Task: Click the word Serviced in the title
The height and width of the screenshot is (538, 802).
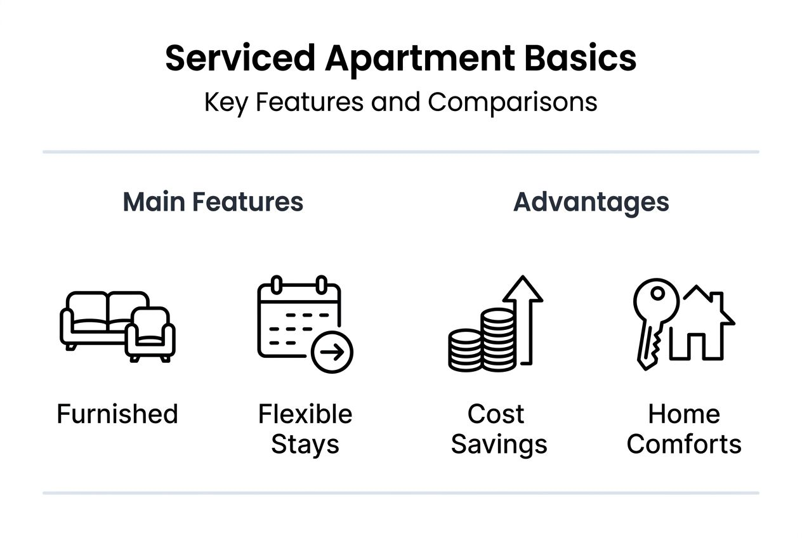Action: pyautogui.click(x=239, y=59)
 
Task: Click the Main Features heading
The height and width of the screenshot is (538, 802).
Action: pyautogui.click(x=213, y=202)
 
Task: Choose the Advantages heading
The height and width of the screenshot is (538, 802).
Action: pyautogui.click(x=591, y=202)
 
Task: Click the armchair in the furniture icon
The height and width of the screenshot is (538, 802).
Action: pyautogui.click(x=150, y=335)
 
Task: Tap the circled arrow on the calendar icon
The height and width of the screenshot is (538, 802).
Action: pyautogui.click(x=332, y=351)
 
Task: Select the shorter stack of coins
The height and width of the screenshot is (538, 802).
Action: pyautogui.click(x=465, y=350)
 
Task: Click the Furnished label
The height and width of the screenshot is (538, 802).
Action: pyautogui.click(x=117, y=414)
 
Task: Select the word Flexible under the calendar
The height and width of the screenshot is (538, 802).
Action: pyautogui.click(x=305, y=414)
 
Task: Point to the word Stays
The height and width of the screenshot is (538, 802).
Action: pyautogui.click(x=305, y=444)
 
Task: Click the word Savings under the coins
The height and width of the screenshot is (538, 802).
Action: pyautogui.click(x=499, y=444)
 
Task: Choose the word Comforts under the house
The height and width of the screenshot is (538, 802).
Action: pyautogui.click(x=684, y=444)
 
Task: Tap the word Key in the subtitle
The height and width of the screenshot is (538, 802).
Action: pyautogui.click(x=226, y=102)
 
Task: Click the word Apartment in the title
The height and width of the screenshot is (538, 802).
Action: pyautogui.click(x=420, y=59)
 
